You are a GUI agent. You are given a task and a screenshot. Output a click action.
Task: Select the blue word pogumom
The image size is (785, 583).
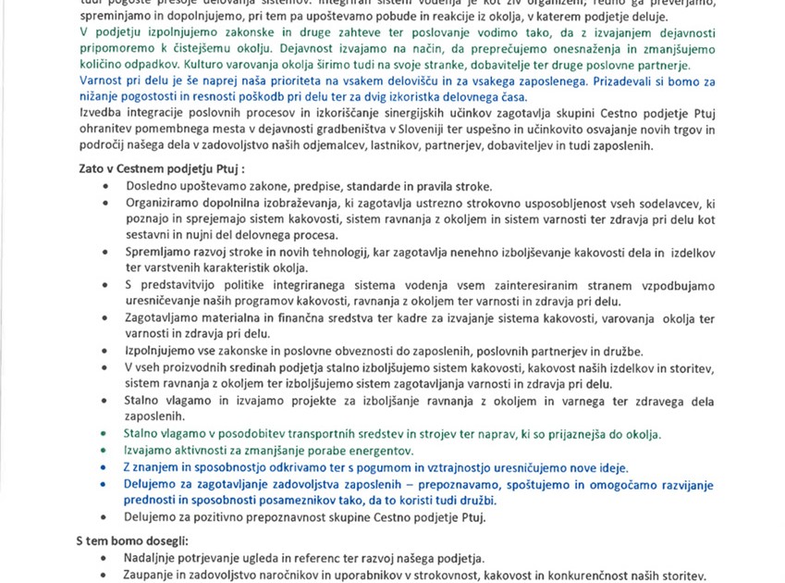(367, 466)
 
